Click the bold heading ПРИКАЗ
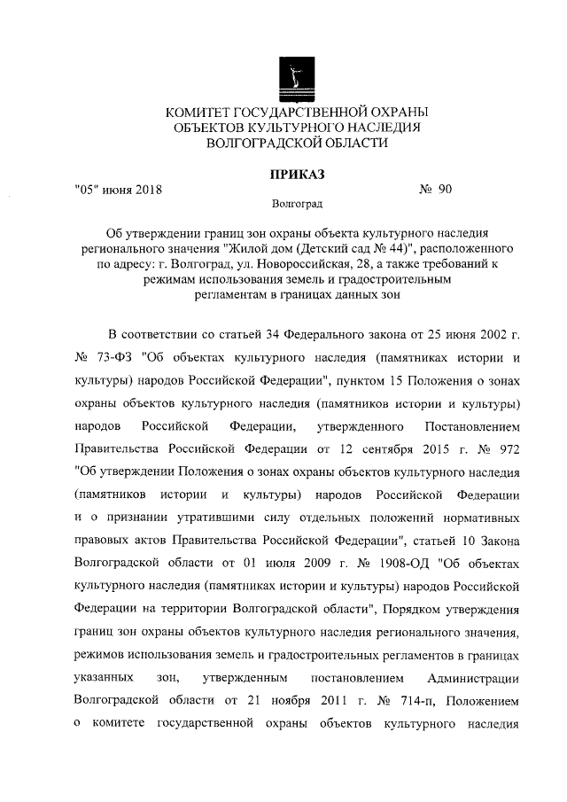(296, 173)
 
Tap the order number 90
(444, 189)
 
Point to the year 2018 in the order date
(147, 189)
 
